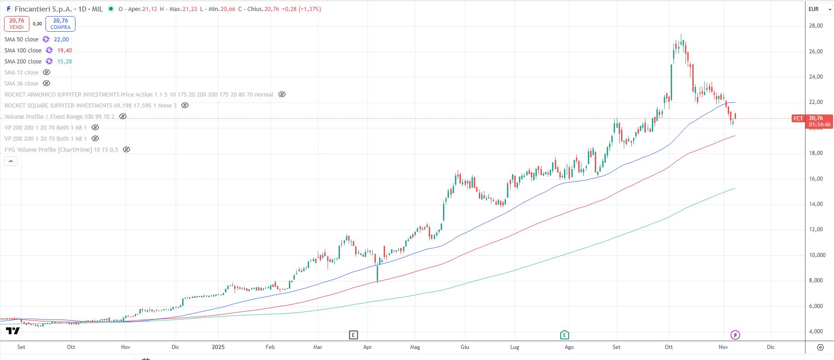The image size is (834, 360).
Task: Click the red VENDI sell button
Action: click(17, 24)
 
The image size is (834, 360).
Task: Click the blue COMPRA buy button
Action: click(60, 24)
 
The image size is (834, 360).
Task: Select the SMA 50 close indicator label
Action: click(22, 40)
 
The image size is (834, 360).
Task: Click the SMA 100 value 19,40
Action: click(64, 51)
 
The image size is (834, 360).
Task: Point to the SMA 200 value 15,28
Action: click(64, 62)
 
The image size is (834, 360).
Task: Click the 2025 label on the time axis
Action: click(218, 347)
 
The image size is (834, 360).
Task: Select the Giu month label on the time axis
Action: click(465, 347)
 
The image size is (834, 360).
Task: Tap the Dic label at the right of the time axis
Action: click(771, 347)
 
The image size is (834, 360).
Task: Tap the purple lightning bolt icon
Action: click(735, 335)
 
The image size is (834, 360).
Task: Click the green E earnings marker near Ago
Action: click(564, 335)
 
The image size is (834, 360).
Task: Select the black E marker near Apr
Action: click(353, 335)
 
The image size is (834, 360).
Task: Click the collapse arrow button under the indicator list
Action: click(11, 161)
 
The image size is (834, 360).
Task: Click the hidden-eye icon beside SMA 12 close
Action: click(46, 73)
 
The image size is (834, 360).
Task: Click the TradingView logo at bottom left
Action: click(13, 331)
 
